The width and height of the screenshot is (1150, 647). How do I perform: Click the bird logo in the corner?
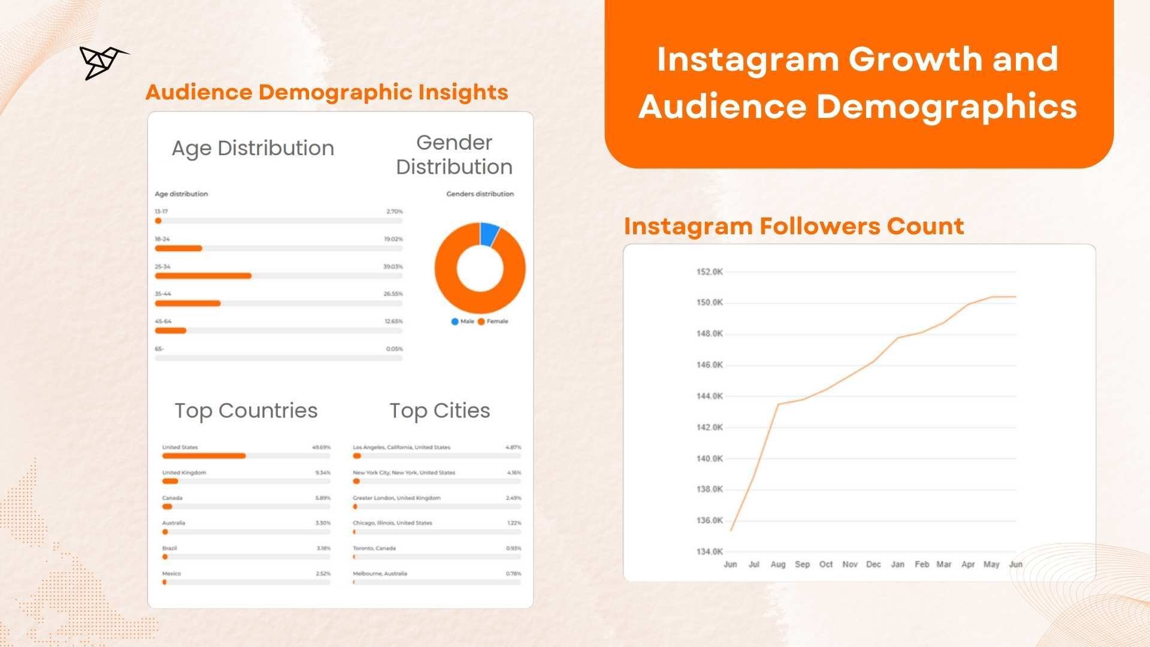pyautogui.click(x=102, y=62)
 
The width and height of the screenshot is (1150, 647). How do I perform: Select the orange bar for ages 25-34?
pyautogui.click(x=203, y=276)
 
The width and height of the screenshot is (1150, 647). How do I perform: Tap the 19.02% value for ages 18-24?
pyautogui.click(x=393, y=239)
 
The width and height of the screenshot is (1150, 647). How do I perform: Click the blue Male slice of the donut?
pyautogui.click(x=489, y=234)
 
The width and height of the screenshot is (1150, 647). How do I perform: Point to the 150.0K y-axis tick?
pyautogui.click(x=709, y=303)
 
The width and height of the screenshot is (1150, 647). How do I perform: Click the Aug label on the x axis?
pyautogui.click(x=777, y=564)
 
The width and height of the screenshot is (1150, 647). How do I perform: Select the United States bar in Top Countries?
pyautogui.click(x=204, y=456)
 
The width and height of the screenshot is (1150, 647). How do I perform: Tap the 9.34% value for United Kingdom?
pyautogui.click(x=322, y=473)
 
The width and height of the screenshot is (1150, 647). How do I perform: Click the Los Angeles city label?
pyautogui.click(x=401, y=448)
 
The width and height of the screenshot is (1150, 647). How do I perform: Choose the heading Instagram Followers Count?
pyautogui.click(x=794, y=226)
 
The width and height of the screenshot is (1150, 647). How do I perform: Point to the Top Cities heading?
pyautogui.click(x=440, y=411)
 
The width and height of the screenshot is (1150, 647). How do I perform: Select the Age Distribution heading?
pyautogui.click(x=253, y=148)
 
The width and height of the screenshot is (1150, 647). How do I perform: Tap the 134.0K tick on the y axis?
pyautogui.click(x=709, y=552)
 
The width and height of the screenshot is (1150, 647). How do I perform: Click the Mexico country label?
pyautogui.click(x=171, y=574)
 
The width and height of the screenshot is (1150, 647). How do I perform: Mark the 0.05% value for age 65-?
pyautogui.click(x=394, y=349)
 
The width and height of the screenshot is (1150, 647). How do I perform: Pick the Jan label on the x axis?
pyautogui.click(x=897, y=564)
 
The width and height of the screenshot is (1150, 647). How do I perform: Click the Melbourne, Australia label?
pyautogui.click(x=380, y=574)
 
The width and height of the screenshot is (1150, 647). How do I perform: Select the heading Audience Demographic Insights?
pyautogui.click(x=326, y=92)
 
